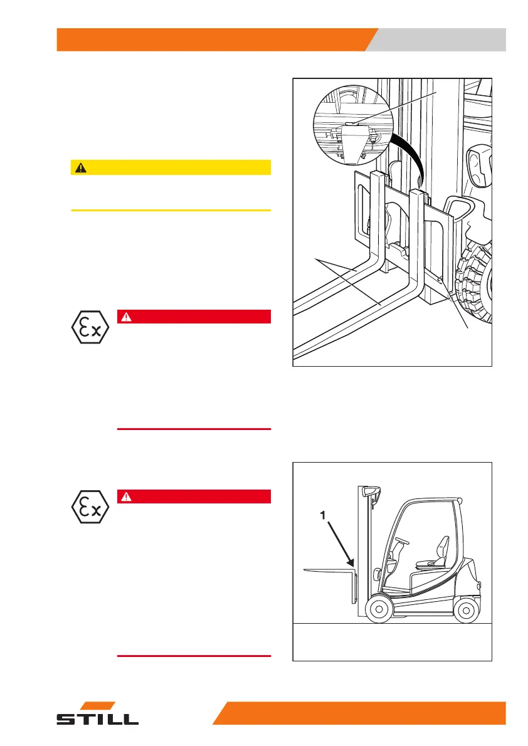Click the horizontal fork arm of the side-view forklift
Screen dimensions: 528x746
pyautogui.click(x=326, y=569)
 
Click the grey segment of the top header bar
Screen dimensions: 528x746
pyautogui.click(x=439, y=39)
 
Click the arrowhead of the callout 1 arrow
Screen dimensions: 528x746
pyautogui.click(x=354, y=564)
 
